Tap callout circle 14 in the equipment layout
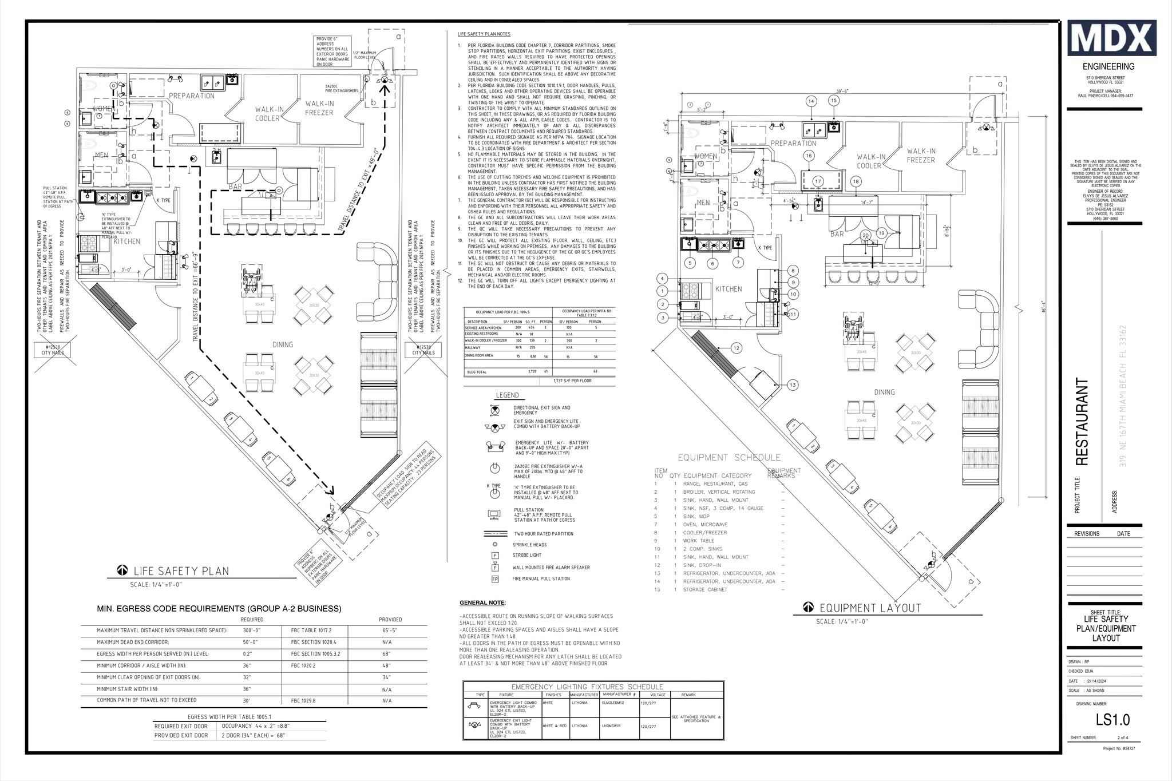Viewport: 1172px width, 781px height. coord(811,101)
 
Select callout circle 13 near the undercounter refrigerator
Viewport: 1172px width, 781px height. coord(792,384)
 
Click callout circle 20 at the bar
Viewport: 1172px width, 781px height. coord(866,236)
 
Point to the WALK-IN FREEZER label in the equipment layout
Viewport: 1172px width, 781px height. coord(921,156)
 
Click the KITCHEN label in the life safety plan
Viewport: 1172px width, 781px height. coord(126,241)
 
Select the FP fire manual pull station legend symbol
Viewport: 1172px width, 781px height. coord(495,579)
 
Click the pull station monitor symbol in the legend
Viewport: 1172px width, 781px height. coord(495,513)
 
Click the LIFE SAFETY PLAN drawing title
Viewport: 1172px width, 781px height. coord(181,571)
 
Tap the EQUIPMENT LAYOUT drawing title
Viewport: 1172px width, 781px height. coord(870,608)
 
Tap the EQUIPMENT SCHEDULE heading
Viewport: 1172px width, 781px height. coord(729,458)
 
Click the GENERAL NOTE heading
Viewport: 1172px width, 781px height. coord(482,603)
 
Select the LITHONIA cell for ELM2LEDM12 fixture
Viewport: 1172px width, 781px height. coord(579,703)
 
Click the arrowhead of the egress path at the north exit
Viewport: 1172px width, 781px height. coord(385,86)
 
